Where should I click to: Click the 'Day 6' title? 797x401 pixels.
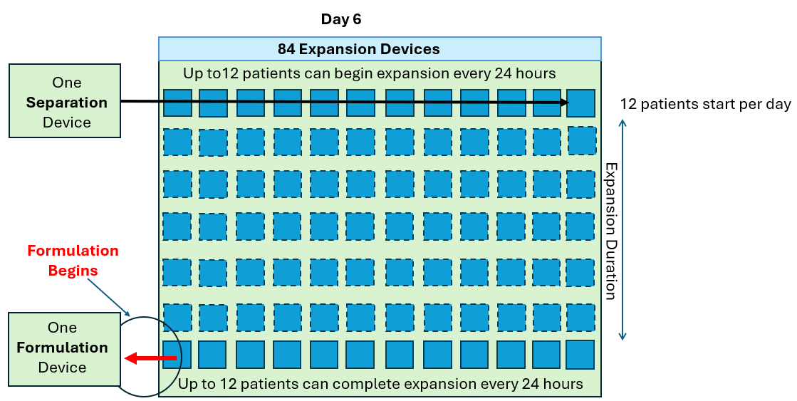tap(340, 19)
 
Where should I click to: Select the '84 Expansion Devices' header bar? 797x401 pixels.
tap(380, 49)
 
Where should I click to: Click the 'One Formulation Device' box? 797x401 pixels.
tap(63, 348)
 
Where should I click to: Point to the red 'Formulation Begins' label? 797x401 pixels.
tap(73, 260)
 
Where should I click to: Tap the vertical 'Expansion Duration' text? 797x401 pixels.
tap(611, 231)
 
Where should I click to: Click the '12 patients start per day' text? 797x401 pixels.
tap(705, 104)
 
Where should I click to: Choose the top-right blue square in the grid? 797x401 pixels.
tap(580, 103)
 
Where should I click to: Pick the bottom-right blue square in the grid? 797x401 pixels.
tap(580, 355)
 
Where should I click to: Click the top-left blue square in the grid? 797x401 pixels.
tap(177, 103)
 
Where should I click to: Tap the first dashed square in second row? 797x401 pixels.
tap(177, 142)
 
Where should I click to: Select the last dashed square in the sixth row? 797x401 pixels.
tap(580, 318)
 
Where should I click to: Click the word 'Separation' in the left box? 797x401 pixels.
tap(66, 102)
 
